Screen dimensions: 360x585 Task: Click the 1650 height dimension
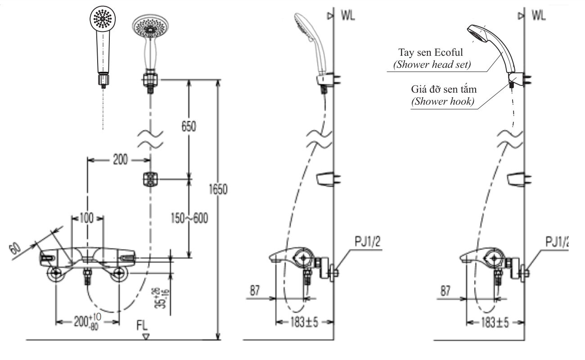[x=217, y=189]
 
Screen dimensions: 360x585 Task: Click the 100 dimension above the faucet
[x=87, y=219]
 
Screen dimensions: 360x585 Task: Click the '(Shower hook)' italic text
[x=443, y=101]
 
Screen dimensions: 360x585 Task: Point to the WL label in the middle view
[x=347, y=16]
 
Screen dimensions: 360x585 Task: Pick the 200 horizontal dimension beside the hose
[x=120, y=160]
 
